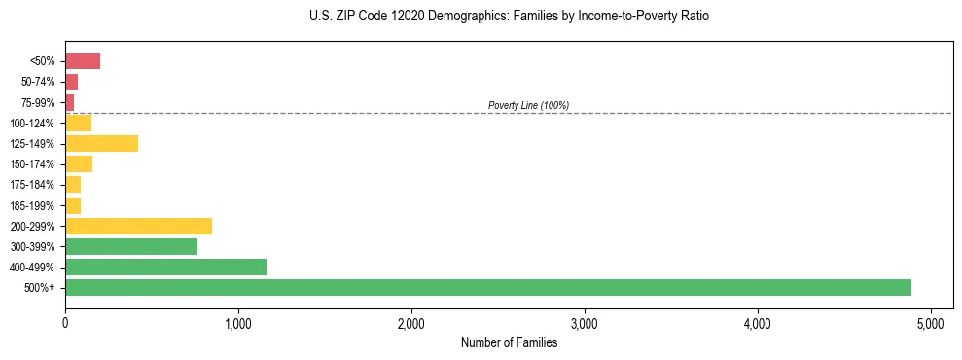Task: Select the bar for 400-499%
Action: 165,267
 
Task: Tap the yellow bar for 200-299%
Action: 138,226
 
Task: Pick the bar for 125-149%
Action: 101,143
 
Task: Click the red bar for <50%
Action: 83,61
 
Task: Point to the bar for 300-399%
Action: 131,246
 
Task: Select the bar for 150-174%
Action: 79,163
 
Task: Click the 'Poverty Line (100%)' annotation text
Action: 528,105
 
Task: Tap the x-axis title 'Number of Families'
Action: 509,342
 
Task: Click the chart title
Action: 510,17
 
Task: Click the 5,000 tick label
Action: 931,322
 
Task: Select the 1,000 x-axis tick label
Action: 238,322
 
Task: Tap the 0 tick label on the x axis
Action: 65,322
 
